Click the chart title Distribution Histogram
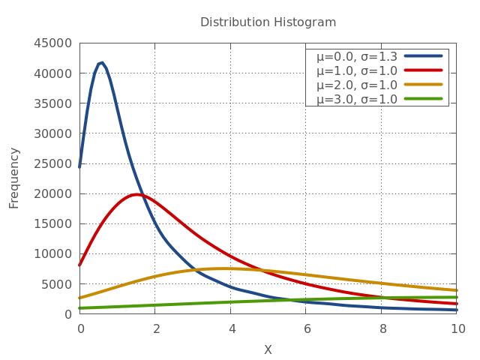pos(268,22)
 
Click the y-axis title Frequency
pos(14,178)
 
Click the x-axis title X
pos(268,349)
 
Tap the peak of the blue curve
pos(101,63)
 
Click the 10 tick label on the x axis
pos(457,328)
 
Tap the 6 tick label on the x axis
pos(306,328)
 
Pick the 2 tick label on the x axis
pos(155,328)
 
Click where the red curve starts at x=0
pos(80,265)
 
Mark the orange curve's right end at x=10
pos(456,290)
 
